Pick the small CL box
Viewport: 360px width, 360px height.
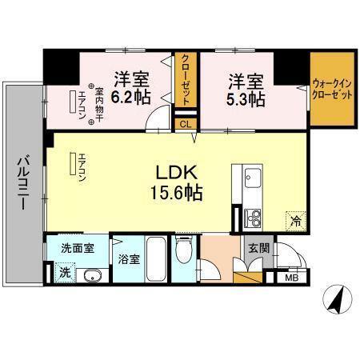click(x=185, y=123)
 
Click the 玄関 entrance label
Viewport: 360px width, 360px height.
click(x=258, y=248)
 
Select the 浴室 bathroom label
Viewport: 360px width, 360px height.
click(x=130, y=259)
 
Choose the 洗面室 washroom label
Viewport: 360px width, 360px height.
click(x=78, y=247)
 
